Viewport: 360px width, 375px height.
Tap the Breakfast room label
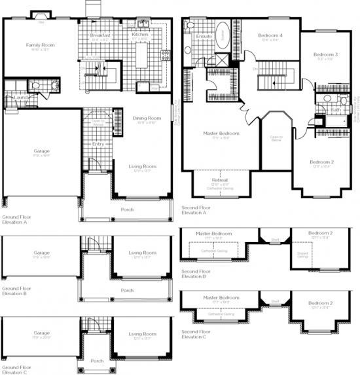100,34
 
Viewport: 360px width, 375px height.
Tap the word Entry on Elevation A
98,144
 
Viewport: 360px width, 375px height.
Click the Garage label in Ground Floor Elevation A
42,151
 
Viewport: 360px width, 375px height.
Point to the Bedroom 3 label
325,54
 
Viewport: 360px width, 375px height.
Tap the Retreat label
219,180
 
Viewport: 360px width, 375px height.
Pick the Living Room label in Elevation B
142,253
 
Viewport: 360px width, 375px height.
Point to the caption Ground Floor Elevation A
16,219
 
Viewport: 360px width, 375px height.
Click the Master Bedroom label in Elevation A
221,134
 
